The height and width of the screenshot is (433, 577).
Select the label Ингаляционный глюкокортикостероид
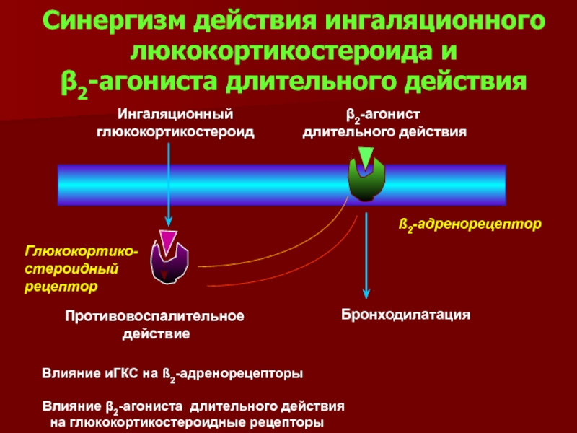(x=176, y=123)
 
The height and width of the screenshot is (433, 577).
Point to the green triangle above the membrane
(x=366, y=157)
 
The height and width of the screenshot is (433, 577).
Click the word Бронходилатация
(x=406, y=315)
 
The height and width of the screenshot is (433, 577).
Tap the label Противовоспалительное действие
(x=155, y=325)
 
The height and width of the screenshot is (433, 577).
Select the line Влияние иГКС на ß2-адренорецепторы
(x=172, y=375)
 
